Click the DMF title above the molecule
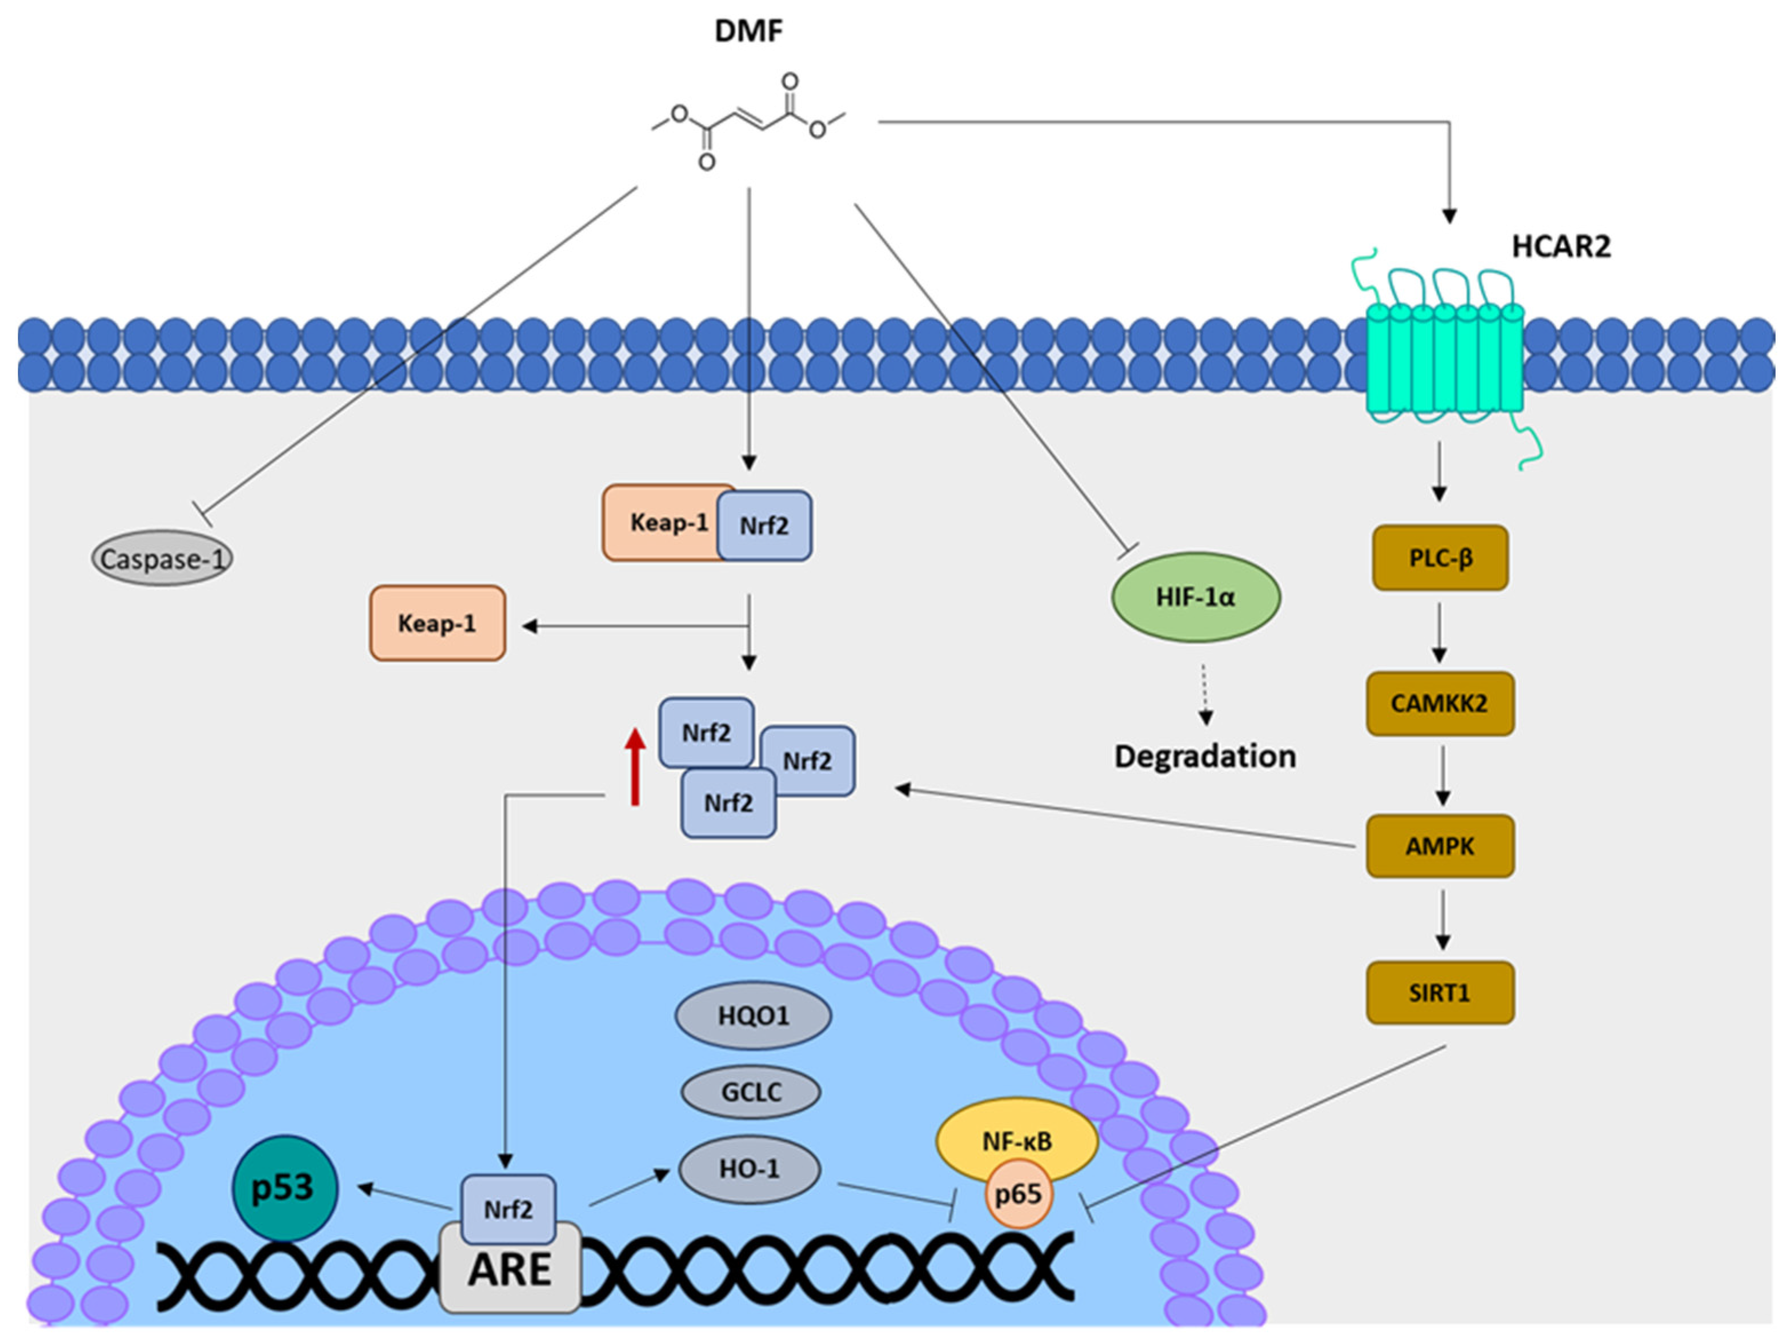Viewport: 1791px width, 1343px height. click(x=748, y=31)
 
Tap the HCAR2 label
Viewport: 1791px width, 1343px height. click(x=1560, y=245)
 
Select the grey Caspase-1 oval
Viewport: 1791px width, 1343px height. click(x=162, y=558)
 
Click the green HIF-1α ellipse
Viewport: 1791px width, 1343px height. click(x=1196, y=597)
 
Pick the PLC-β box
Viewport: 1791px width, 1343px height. click(x=1440, y=557)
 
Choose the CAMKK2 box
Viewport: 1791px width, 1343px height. click(x=1440, y=702)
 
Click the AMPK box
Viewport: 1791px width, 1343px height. click(x=1440, y=846)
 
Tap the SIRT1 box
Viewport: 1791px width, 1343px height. click(x=1440, y=992)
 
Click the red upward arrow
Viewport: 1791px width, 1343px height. click(x=636, y=765)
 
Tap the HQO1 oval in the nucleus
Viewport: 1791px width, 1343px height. click(x=753, y=1015)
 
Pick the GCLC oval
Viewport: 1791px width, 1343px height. click(x=751, y=1092)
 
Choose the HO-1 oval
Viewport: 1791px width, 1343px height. click(x=750, y=1169)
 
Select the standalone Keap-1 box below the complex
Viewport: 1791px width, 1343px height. click(x=437, y=623)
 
